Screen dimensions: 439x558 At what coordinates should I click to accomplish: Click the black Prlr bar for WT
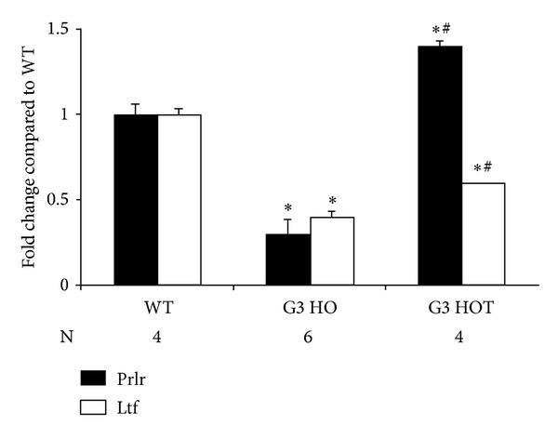[x=136, y=199]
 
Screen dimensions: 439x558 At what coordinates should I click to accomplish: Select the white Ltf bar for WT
[x=179, y=199]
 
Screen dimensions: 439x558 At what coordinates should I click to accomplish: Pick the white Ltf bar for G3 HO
[x=332, y=250]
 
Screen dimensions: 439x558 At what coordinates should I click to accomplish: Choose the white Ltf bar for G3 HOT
[x=484, y=233]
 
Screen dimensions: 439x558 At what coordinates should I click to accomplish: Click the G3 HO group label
[x=310, y=307]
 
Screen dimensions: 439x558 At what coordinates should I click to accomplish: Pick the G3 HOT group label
[x=462, y=307]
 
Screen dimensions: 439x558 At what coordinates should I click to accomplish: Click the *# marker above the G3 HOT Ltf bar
[x=483, y=168]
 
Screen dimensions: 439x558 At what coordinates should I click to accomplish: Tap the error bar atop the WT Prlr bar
[x=136, y=109]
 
